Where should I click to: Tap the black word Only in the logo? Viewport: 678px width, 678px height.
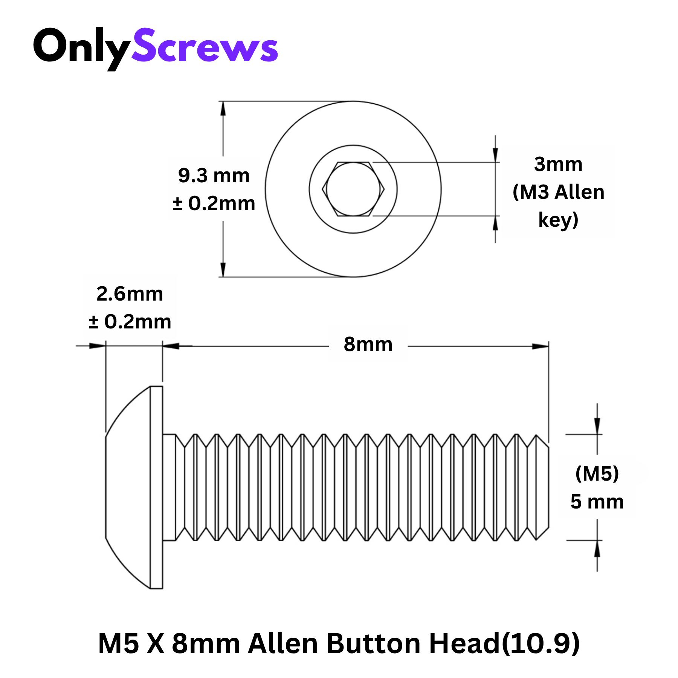[82, 48]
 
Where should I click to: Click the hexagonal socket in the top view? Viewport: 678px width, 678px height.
[353, 189]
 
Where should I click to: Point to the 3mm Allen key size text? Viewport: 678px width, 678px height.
[558, 164]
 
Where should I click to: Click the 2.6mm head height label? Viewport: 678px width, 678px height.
[130, 294]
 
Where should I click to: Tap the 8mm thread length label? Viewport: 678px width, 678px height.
[368, 344]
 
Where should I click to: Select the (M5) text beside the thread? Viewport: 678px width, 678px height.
[597, 473]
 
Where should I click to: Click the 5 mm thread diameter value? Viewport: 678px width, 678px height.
[597, 502]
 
